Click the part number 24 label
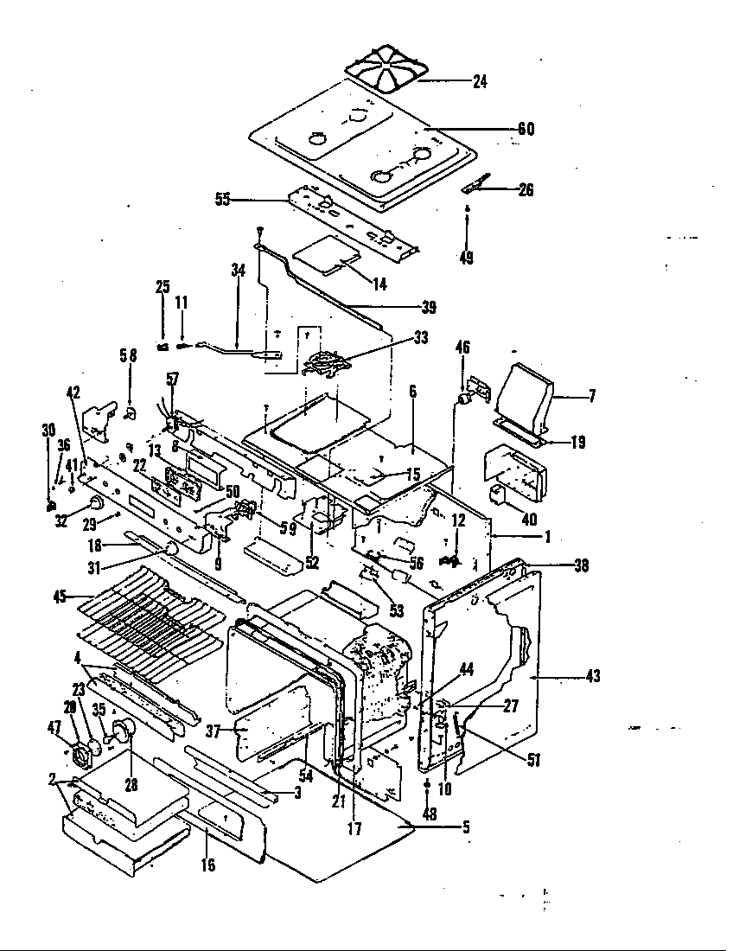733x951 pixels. tap(480, 83)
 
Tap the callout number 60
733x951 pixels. tap(526, 130)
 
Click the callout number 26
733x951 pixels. tap(525, 191)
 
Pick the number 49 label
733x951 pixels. tap(467, 258)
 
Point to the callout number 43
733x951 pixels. tap(593, 676)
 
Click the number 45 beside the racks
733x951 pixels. tap(60, 595)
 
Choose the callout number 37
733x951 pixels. tap(214, 731)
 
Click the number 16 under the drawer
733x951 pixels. tap(207, 865)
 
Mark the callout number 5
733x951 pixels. tap(465, 827)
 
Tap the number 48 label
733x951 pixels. tap(429, 814)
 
